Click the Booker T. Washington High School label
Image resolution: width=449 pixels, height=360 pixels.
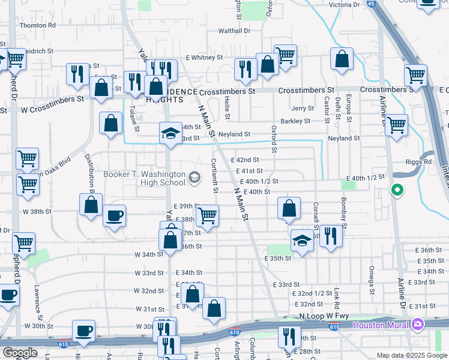[x=144, y=178]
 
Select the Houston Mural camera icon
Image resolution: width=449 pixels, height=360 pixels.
[x=418, y=325]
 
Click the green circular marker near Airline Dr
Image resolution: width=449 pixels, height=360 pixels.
[x=396, y=191]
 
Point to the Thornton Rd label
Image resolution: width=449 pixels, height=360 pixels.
[x=37, y=26]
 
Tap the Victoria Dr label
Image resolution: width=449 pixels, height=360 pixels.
[x=344, y=5]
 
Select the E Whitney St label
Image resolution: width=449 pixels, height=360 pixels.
[x=204, y=58]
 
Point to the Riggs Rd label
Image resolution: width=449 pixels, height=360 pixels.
[x=419, y=161]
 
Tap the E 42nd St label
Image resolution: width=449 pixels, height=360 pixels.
[x=244, y=160]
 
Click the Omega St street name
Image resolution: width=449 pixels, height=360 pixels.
[x=372, y=276]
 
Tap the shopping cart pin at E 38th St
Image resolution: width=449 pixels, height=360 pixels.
[x=207, y=215]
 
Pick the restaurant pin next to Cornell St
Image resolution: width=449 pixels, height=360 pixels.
[x=331, y=235]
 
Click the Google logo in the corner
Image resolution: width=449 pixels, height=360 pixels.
[x=20, y=353]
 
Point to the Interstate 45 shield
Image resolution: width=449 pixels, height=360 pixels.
[x=372, y=4]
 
